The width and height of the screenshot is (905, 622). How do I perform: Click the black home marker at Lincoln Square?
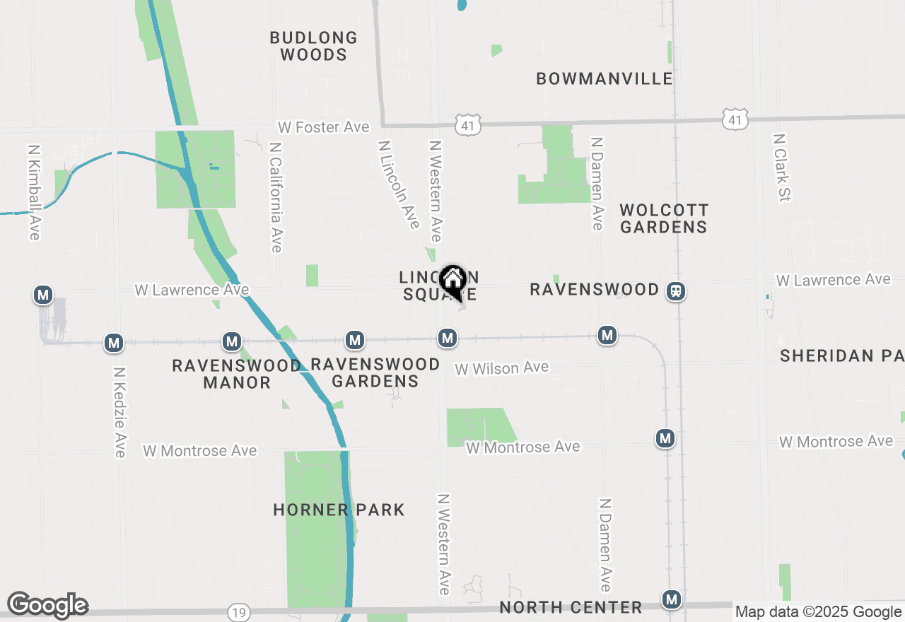click(x=452, y=281)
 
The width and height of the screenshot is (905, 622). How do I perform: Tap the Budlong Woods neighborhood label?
click(x=313, y=46)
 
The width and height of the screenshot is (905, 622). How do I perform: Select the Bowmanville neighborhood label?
click(x=605, y=78)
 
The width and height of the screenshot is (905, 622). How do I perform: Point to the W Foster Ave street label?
click(x=323, y=127)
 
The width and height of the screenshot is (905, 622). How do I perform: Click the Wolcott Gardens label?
click(x=663, y=218)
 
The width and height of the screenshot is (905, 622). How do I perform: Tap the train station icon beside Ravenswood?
click(x=677, y=291)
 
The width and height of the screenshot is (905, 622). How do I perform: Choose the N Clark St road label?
click(x=781, y=168)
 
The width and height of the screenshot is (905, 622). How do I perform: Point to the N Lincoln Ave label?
click(x=399, y=184)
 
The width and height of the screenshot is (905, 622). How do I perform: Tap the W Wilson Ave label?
click(x=501, y=368)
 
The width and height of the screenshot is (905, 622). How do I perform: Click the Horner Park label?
click(x=339, y=510)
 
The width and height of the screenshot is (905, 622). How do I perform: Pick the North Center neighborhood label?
click(x=571, y=607)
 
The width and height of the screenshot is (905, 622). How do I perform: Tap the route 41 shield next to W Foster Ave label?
click(x=468, y=124)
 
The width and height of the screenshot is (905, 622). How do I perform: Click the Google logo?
click(x=47, y=605)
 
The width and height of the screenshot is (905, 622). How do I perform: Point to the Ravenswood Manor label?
click(x=237, y=374)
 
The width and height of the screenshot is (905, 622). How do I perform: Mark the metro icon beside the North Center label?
click(x=671, y=599)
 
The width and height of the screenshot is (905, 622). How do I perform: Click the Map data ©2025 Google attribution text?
click(x=818, y=612)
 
